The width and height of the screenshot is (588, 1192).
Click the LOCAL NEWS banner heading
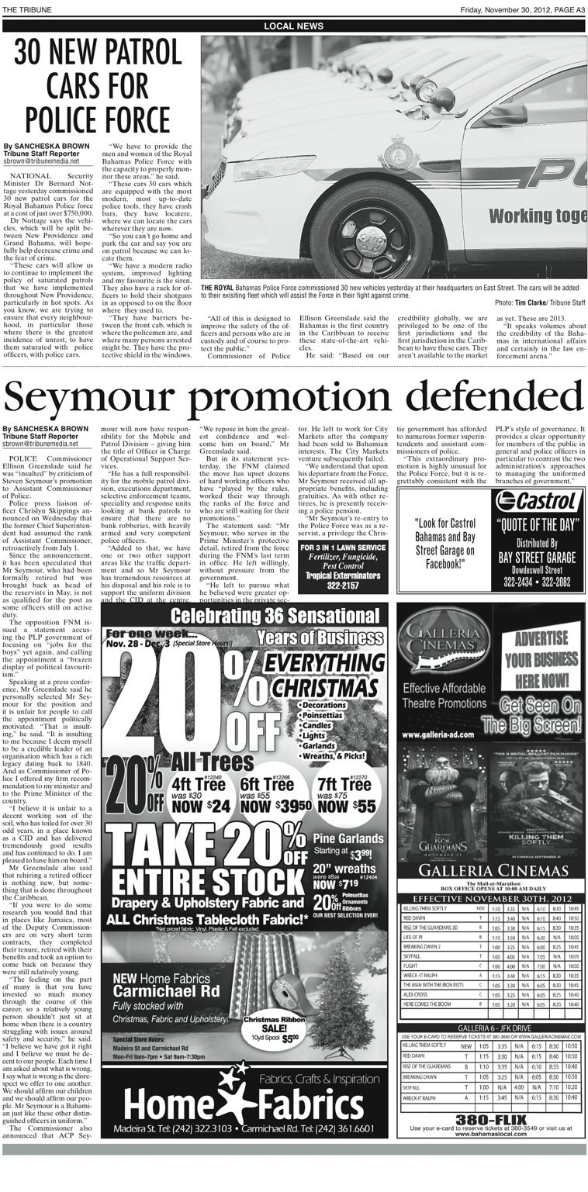(x=294, y=26)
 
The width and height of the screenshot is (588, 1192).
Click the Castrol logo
(x=534, y=499)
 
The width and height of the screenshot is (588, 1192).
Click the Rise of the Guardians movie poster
(x=441, y=807)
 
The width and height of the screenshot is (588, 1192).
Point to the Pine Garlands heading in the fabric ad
(x=348, y=838)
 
